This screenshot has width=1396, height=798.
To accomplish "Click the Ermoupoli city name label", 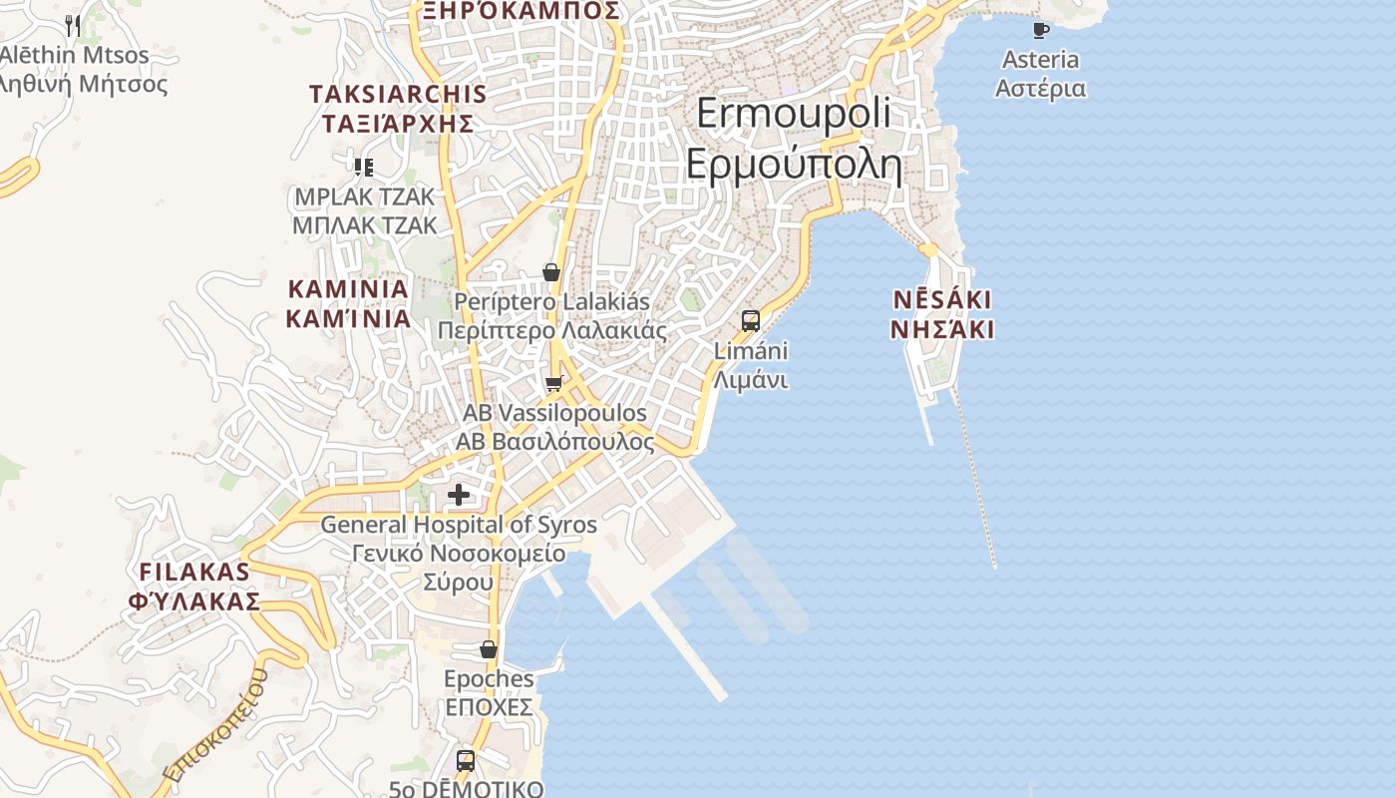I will (794, 113).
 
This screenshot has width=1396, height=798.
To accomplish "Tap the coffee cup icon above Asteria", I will (1041, 29).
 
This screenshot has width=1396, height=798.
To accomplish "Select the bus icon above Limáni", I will (751, 320).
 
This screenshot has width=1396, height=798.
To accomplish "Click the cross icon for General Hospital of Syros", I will (459, 494).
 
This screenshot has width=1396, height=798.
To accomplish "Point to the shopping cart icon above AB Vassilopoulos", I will (553, 383).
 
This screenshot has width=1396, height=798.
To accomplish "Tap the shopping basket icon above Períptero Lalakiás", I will (550, 271).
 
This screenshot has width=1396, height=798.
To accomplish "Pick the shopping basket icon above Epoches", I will (489, 649).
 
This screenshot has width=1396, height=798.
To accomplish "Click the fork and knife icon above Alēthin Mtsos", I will (73, 25).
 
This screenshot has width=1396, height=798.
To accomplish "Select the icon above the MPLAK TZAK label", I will (364, 167).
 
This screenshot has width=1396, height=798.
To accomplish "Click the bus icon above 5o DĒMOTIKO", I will (466, 760).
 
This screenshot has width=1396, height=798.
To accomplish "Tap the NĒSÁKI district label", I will (942, 299).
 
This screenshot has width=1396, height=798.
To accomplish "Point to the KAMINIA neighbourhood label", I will (348, 289).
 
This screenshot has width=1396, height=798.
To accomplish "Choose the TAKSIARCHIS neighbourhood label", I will (398, 95).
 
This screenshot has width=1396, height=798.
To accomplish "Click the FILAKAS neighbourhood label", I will (194, 573).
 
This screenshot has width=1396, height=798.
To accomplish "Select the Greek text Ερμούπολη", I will (794, 165).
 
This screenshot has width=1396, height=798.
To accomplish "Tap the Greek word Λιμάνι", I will (751, 380).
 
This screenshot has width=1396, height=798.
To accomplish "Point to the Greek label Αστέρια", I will (1040, 88).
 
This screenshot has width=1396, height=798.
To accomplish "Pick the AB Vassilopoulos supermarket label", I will (554, 413).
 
